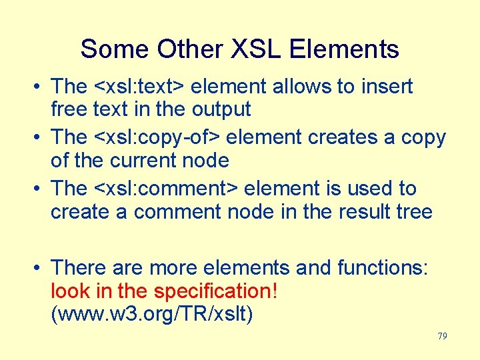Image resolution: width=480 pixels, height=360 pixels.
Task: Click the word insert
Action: pyautogui.click(x=387, y=86)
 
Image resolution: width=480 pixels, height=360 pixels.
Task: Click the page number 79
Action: pyautogui.click(x=442, y=337)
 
